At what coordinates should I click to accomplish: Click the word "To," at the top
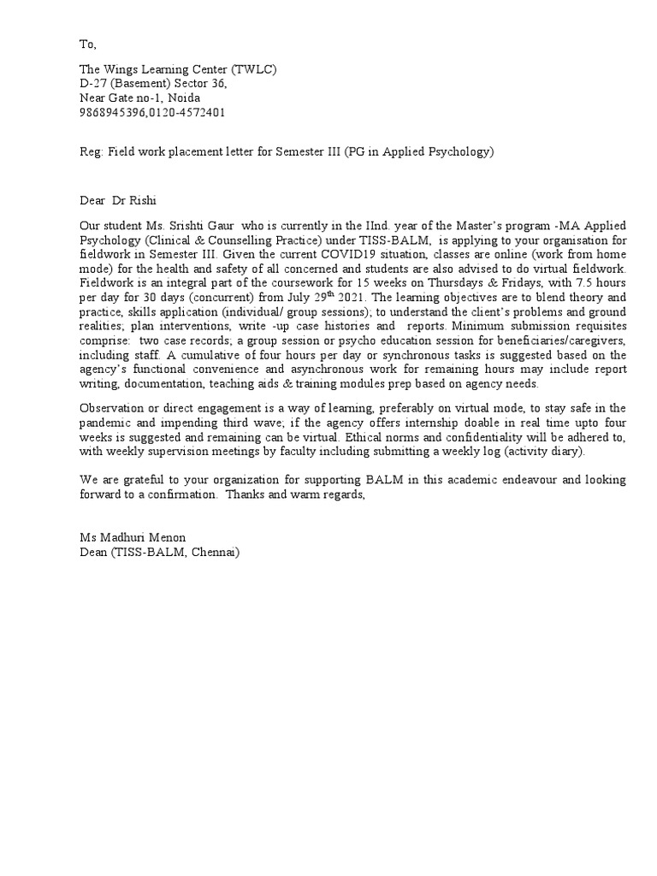pyautogui.click(x=86, y=44)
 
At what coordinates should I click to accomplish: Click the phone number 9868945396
pyautogui.click(x=112, y=112)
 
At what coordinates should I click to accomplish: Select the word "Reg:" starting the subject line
pyautogui.click(x=92, y=152)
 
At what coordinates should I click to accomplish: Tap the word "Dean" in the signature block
pyautogui.click(x=94, y=552)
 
